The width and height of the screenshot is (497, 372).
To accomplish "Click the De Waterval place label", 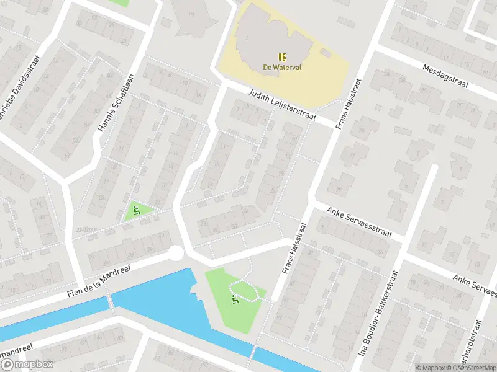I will (x=281, y=68).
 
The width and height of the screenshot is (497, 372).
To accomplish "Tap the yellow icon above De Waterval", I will (x=281, y=57).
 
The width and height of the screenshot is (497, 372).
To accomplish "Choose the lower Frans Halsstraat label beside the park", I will (x=296, y=250).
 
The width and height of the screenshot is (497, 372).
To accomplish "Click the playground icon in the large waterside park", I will (x=235, y=301).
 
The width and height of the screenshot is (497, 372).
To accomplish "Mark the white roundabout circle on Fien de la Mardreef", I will (x=176, y=253).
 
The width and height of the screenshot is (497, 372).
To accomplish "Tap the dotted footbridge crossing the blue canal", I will (x=111, y=300).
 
